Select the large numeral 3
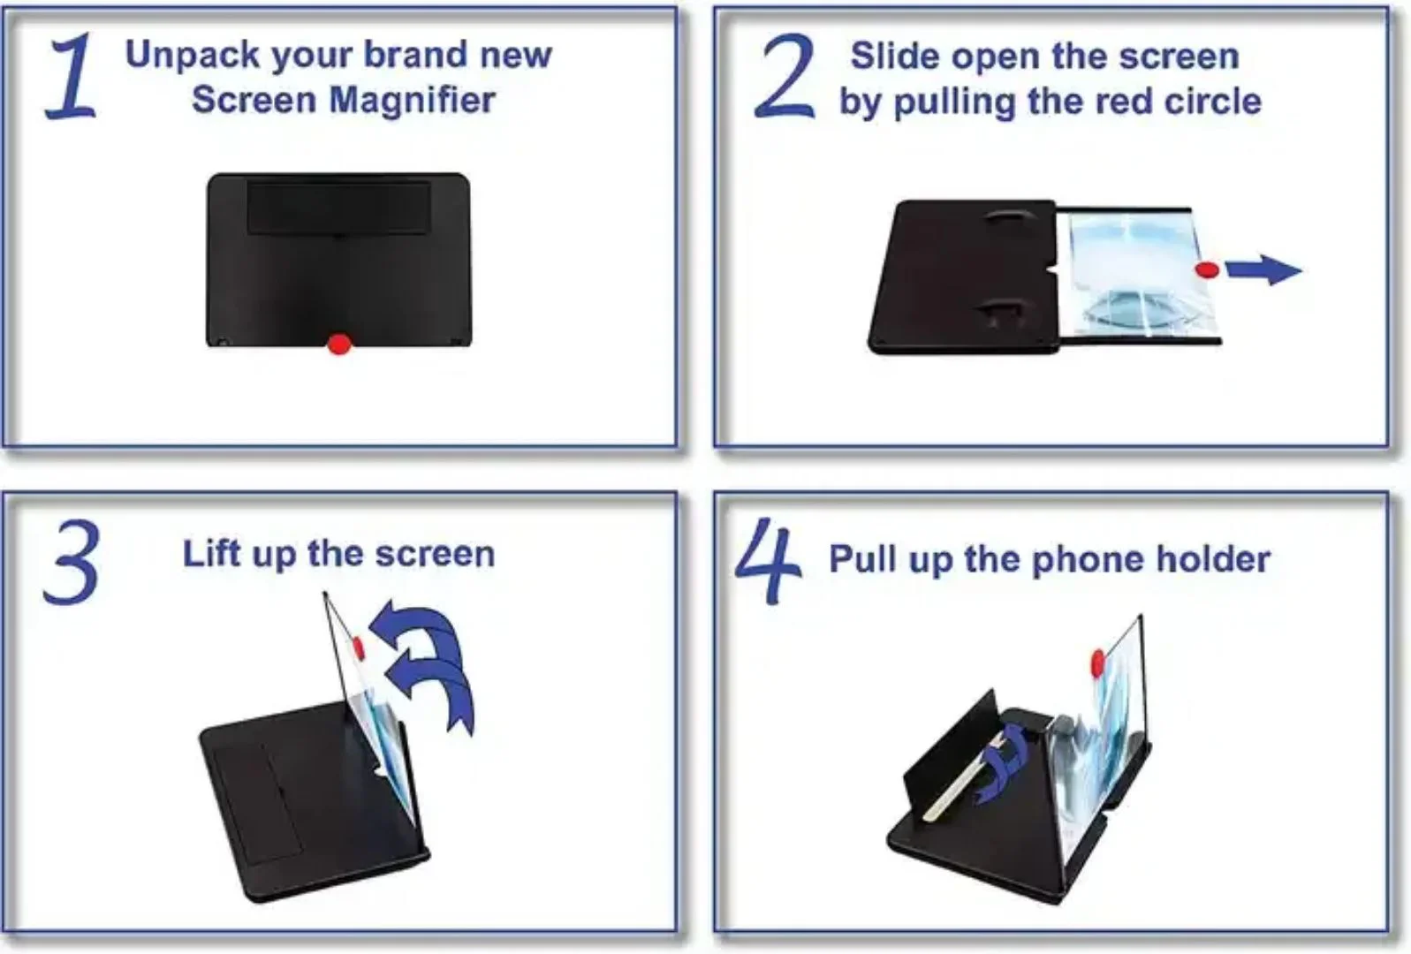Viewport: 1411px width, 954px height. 71,564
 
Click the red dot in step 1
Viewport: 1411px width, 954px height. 339,344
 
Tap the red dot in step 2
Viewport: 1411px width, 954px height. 1208,269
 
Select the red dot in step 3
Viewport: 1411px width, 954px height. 359,647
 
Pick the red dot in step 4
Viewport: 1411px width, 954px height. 1097,660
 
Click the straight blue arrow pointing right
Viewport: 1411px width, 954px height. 1265,269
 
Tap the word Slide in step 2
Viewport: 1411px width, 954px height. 894,57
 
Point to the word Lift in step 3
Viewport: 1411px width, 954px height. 211,555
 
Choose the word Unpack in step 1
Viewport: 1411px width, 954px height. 193,55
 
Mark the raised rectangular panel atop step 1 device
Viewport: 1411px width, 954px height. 339,208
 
